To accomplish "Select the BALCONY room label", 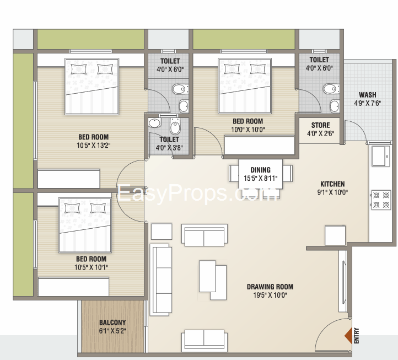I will [112, 323].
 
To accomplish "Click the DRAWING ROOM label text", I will [270, 287].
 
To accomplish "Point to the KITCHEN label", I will [332, 184].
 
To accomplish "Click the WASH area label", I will [367, 95].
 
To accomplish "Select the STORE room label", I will [320, 125].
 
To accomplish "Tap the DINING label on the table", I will [260, 170].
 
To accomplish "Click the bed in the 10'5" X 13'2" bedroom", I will [92, 85].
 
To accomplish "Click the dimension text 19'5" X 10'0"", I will [270, 295].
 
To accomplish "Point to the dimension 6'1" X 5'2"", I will [112, 331].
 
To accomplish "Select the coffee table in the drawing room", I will [212, 280].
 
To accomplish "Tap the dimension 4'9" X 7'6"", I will [367, 103].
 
